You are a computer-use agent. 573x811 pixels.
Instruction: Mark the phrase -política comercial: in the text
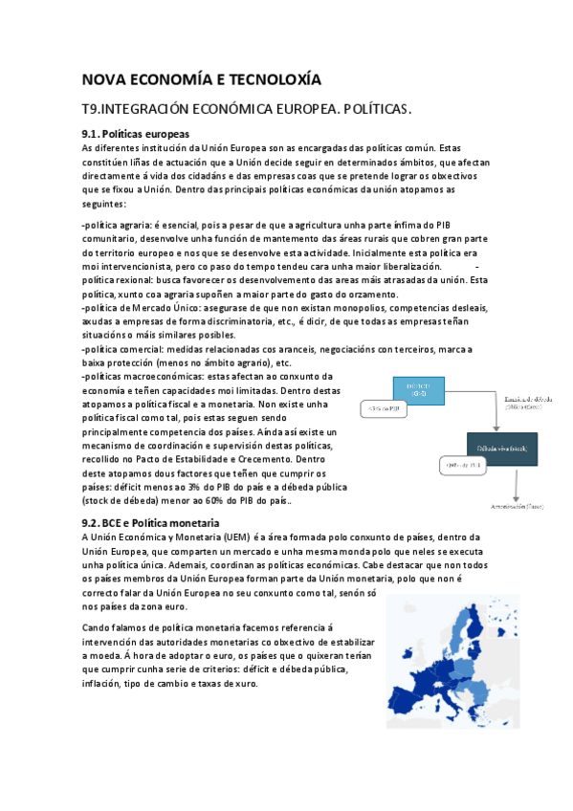(x=120, y=350)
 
